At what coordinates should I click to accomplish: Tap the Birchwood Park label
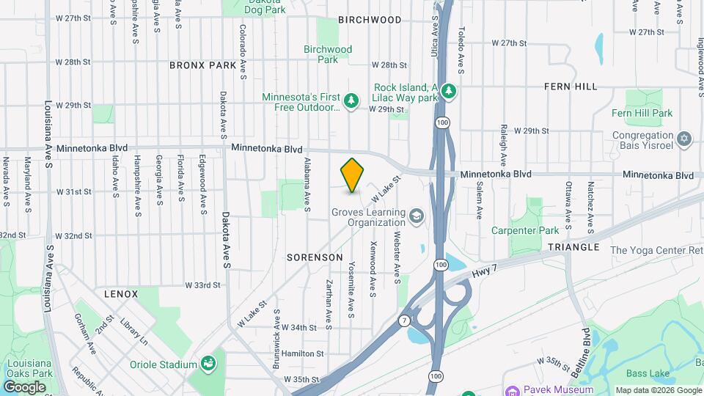328,54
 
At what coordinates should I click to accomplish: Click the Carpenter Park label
534,230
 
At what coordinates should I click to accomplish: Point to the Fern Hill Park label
642,113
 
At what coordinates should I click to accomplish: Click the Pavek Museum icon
513,390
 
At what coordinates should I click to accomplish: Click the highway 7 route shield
404,320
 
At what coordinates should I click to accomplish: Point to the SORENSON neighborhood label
315,257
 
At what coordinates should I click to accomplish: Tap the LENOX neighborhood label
121,293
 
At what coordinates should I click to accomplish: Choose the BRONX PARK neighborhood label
203,65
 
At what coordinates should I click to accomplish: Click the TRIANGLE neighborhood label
573,247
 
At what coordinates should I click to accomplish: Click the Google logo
24,386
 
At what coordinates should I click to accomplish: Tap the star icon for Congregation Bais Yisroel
685,138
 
